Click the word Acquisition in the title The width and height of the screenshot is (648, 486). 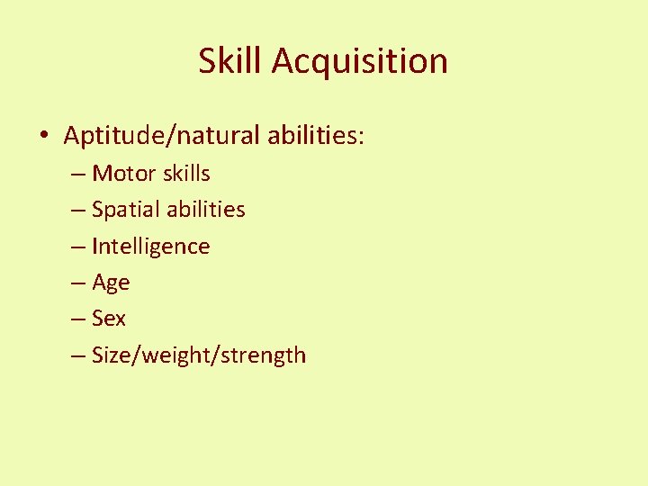click(x=359, y=62)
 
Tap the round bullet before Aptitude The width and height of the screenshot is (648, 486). click(x=44, y=137)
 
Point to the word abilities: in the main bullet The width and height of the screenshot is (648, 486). click(x=316, y=136)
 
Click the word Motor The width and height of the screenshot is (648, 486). click(x=122, y=173)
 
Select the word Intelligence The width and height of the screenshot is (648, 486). click(x=150, y=247)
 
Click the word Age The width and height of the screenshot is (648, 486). click(x=111, y=283)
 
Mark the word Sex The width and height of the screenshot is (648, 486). click(x=109, y=319)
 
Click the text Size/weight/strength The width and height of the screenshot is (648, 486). click(x=199, y=355)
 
